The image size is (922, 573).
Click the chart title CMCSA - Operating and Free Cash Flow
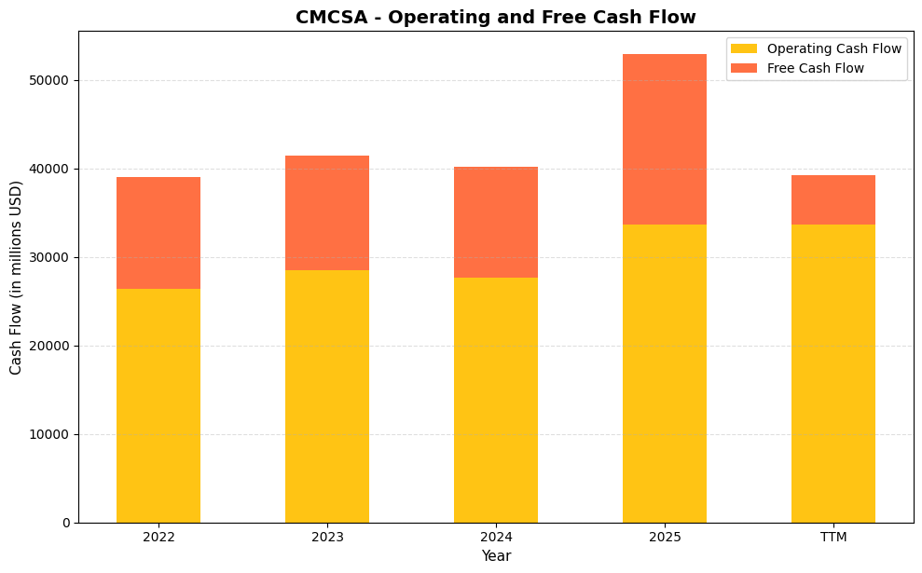495,18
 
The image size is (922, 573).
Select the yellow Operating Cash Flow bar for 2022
158,405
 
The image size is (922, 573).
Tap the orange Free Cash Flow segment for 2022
158,233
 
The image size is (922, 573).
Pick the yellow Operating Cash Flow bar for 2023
327,396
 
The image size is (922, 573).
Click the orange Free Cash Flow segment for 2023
327,212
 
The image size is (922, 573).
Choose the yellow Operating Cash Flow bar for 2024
496,400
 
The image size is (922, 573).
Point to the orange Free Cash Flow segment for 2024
496,222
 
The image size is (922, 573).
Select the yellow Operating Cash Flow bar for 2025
665,373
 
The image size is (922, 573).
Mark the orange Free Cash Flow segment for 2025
665,139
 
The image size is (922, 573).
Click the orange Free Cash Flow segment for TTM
833,199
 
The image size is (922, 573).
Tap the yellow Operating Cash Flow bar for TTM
833,373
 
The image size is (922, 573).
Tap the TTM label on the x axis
833,538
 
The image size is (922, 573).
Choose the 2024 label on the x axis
496,538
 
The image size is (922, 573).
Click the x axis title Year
496,556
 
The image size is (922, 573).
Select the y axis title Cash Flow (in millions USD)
17,277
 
